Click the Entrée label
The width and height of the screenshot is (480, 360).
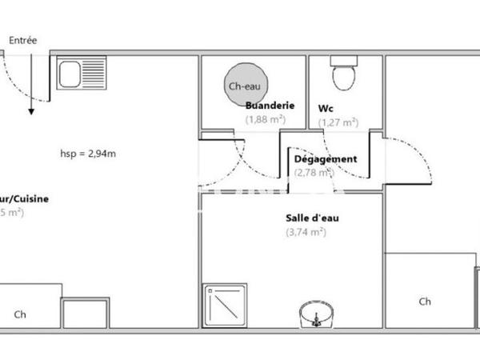pyautogui.click(x=22, y=40)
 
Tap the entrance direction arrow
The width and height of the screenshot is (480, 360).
pyautogui.click(x=30, y=88)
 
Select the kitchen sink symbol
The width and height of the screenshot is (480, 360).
pyautogui.click(x=82, y=74)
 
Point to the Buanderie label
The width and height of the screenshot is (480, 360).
pyautogui.click(x=270, y=106)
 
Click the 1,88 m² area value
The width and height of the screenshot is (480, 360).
pyautogui.click(x=266, y=120)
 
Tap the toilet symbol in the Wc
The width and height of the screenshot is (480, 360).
pyautogui.click(x=345, y=74)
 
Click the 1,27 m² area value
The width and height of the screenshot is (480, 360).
pyautogui.click(x=338, y=122)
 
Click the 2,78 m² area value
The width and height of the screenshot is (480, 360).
pyautogui.click(x=313, y=172)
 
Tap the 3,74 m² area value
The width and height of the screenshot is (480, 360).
pyautogui.click(x=306, y=232)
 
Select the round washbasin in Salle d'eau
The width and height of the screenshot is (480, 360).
pyautogui.click(x=316, y=314)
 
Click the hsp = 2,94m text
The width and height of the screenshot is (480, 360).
pyautogui.click(x=89, y=154)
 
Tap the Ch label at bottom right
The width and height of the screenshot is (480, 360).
pyautogui.click(x=425, y=302)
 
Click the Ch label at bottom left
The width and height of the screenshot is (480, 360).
pyautogui.click(x=20, y=314)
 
